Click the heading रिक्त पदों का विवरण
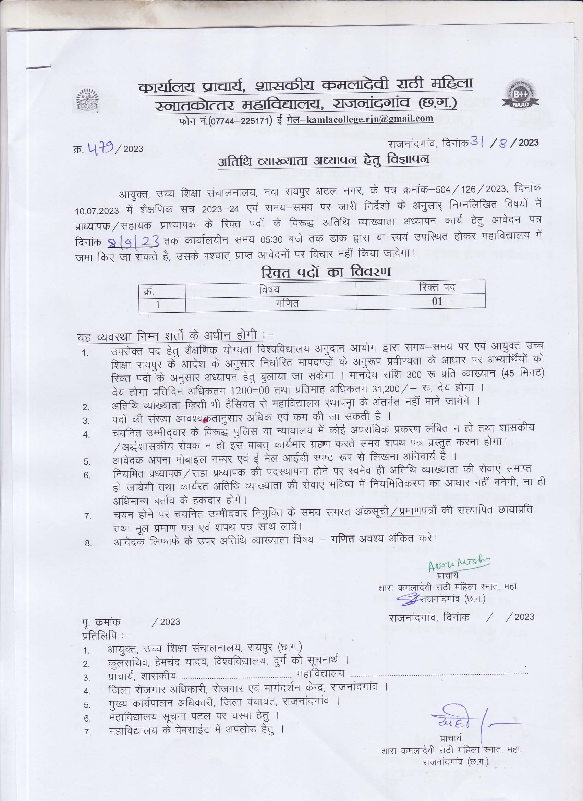tap(325, 272)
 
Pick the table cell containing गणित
tap(287, 304)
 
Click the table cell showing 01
tap(437, 301)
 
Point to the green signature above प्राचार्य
tap(459, 564)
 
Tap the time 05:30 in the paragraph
tap(271, 240)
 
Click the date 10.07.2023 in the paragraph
tap(97, 211)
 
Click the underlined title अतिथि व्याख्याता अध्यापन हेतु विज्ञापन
tap(323, 161)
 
